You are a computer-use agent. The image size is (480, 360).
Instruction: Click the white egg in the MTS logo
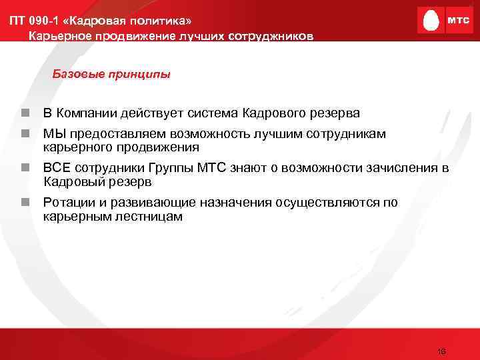(431, 21)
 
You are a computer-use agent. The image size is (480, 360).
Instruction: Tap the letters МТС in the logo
(458, 21)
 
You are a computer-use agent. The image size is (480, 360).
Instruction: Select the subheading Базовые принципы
(111, 74)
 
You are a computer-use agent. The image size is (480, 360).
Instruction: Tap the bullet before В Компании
(24, 112)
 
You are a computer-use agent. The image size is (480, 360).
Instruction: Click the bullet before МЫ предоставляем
(24, 134)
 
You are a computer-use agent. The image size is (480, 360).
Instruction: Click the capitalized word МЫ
(53, 134)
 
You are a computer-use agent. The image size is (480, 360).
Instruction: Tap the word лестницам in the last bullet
(150, 217)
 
